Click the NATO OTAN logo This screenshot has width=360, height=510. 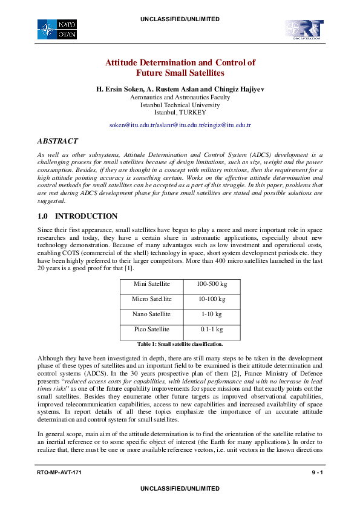56,29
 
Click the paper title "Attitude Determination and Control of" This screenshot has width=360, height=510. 180,62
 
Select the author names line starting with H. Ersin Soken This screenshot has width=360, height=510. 180,89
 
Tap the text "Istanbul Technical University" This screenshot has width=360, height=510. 180,105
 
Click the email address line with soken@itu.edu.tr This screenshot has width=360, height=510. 180,125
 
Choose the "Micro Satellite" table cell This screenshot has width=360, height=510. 151,299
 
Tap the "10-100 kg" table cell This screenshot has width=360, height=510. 211,299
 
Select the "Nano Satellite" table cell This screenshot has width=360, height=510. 151,314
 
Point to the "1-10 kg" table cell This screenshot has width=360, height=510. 211,314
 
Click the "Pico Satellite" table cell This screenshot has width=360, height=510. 151,330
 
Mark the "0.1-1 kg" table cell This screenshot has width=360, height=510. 211,330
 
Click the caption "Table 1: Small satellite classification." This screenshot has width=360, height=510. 180,343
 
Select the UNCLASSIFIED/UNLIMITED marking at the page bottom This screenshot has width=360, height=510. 180,488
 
